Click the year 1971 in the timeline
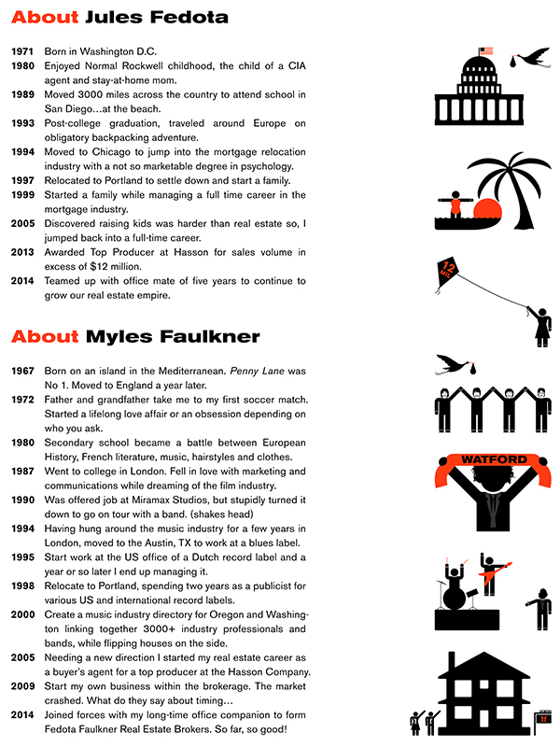24,51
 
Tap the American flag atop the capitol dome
484,52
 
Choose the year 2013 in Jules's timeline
24,251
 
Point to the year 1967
24,371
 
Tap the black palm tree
504,187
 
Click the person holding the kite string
539,324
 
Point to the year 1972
24,400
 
